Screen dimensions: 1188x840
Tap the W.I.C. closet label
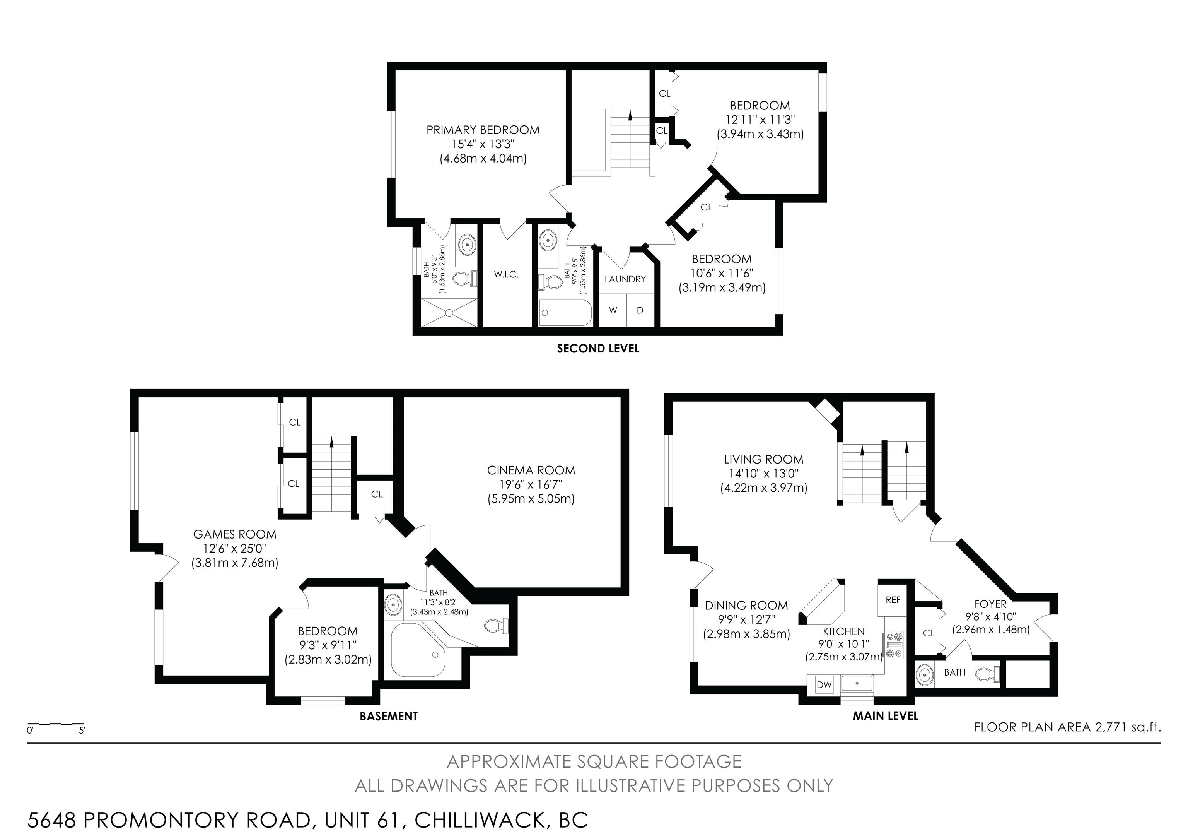pyautogui.click(x=506, y=274)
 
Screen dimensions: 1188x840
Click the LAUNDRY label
pyautogui.click(x=625, y=279)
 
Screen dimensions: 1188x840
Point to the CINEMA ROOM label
pyautogui.click(x=531, y=470)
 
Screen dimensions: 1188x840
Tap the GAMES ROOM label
pyautogui.click(x=235, y=534)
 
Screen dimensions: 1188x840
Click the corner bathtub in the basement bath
pyautogui.click(x=418, y=650)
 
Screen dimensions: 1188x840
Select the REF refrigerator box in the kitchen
pyautogui.click(x=893, y=600)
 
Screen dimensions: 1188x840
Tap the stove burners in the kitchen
pyautogui.click(x=894, y=645)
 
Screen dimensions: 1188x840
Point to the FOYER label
pyautogui.click(x=990, y=604)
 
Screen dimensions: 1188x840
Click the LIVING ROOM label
pyautogui.click(x=764, y=459)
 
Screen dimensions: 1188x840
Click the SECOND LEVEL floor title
pyautogui.click(x=598, y=349)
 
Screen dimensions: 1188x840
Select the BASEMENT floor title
pyautogui.click(x=389, y=716)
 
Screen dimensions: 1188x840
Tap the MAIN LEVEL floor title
pyautogui.click(x=886, y=716)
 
